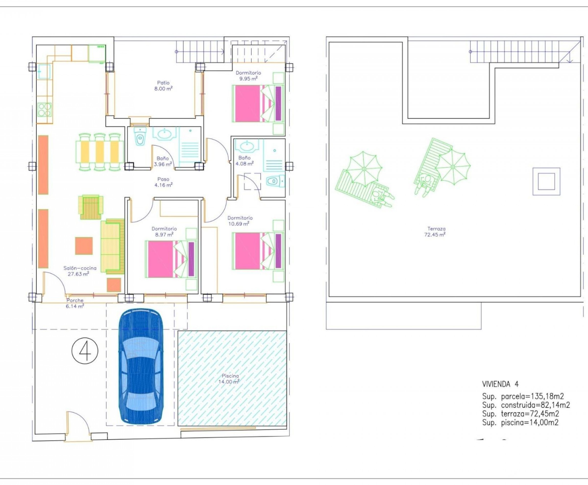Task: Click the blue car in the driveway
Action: [x=141, y=367]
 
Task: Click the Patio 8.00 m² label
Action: [x=163, y=86]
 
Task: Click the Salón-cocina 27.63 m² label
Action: [x=80, y=271]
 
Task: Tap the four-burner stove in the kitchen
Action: [x=45, y=110]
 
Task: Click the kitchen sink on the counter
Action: [x=44, y=71]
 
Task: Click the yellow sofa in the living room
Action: [x=112, y=246]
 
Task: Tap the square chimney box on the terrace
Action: [x=546, y=181]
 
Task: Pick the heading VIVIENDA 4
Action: [x=500, y=384]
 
